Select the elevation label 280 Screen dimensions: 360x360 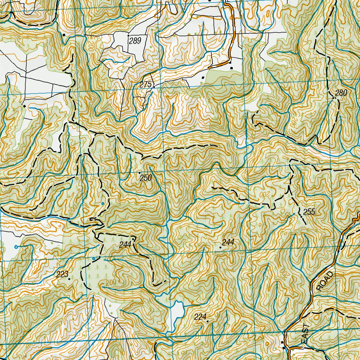pos(341,93)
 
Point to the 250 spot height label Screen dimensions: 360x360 pos(146,178)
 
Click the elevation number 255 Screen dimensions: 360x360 pos(309,212)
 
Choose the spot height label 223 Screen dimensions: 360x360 pos(62,275)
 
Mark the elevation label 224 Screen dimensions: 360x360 pos(200,317)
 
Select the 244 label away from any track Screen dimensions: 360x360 pos(228,242)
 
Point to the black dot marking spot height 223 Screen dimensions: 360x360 pos(69,279)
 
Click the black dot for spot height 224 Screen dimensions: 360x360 pos(207,321)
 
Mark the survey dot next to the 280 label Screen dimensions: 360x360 pos(333,98)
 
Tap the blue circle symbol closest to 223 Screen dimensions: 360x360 pos(94,259)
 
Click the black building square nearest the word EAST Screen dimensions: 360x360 pos(283,342)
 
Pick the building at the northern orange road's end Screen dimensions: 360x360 pos(231,68)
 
